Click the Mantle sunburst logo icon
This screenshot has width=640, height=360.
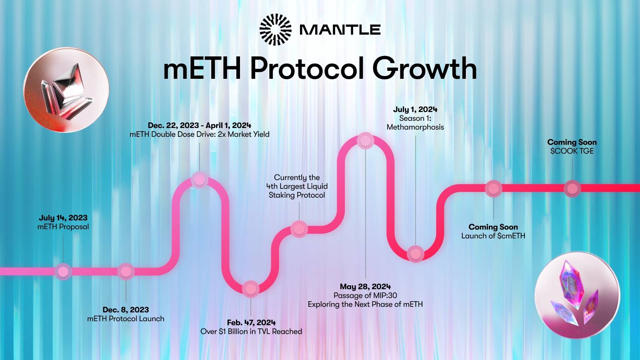click(276, 30)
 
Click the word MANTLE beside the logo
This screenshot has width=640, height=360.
click(340, 30)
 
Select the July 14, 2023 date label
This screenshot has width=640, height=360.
click(63, 218)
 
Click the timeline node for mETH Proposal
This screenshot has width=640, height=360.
click(63, 272)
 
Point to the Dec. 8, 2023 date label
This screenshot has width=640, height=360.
click(126, 310)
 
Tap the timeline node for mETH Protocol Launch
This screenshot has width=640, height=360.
click(126, 272)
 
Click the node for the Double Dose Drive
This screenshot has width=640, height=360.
click(200, 180)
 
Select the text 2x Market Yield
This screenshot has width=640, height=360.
click(244, 134)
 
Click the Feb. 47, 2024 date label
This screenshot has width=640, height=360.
click(252, 322)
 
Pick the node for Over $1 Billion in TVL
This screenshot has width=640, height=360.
click(250, 289)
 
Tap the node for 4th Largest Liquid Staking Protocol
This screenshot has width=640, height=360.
click(299, 229)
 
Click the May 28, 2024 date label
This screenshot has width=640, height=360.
click(366, 286)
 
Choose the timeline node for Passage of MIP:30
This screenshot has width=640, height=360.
click(366, 140)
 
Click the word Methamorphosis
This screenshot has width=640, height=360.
click(416, 127)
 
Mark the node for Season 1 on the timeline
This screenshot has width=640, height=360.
click(416, 254)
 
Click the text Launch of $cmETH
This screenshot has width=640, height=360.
click(494, 236)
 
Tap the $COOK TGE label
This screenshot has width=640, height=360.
click(572, 151)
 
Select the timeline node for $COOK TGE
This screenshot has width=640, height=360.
click(572, 188)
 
